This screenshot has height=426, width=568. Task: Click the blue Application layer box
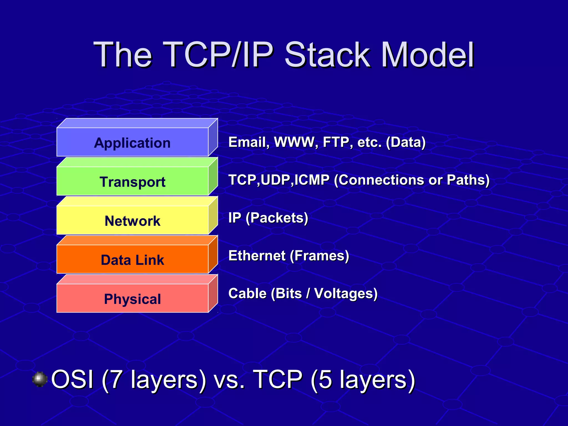click(132, 142)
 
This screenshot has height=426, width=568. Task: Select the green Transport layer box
click(132, 181)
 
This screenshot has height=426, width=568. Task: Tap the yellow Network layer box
click(132, 220)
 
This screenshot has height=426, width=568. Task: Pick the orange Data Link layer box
click(132, 260)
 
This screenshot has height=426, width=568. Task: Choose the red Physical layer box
click(132, 299)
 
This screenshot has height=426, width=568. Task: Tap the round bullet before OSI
click(40, 379)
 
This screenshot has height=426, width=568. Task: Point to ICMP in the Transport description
click(312, 180)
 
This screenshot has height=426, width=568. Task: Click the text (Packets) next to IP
click(277, 218)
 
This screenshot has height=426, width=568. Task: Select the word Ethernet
click(257, 255)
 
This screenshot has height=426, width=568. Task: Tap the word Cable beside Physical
click(247, 293)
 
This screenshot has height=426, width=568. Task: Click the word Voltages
click(346, 293)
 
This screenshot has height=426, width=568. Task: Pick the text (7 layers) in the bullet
click(154, 379)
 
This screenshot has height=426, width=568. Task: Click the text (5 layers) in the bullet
click(363, 379)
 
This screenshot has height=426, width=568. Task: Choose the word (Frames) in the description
click(319, 255)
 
